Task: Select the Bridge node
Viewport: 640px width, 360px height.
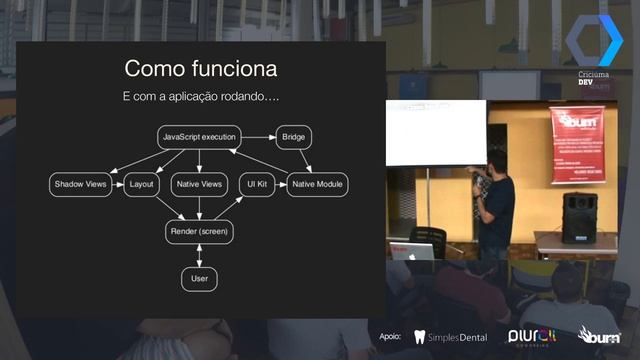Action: click(293, 136)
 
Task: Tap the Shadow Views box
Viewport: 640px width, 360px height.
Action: click(80, 184)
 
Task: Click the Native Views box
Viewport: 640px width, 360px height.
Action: click(199, 184)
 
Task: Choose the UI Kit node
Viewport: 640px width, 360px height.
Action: click(256, 184)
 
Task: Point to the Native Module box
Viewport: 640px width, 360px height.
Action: click(318, 184)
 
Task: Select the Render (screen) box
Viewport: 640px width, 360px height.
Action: click(199, 232)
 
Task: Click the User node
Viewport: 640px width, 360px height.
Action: click(199, 278)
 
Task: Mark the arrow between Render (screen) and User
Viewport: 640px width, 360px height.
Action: click(199, 255)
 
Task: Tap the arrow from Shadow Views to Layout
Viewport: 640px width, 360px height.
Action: click(118, 184)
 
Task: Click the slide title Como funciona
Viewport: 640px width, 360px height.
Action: click(200, 69)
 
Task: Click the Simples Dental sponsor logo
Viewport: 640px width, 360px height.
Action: click(450, 337)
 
